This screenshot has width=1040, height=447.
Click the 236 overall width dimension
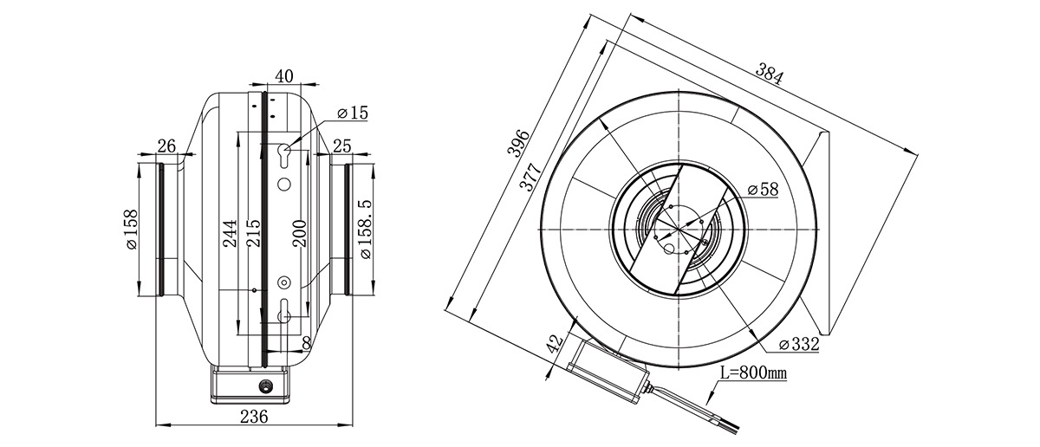click(254, 417)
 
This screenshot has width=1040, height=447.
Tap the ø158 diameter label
click(132, 230)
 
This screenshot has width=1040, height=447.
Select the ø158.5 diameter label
click(366, 230)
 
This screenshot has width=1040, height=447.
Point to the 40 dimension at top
click(284, 76)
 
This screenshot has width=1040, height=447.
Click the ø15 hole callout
click(353, 113)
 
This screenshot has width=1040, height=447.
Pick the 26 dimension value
click(166, 146)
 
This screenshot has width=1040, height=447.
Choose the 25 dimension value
click(342, 146)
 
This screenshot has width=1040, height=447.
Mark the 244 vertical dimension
click(231, 233)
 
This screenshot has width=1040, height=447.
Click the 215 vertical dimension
click(254, 233)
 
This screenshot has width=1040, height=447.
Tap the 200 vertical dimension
click(300, 233)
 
